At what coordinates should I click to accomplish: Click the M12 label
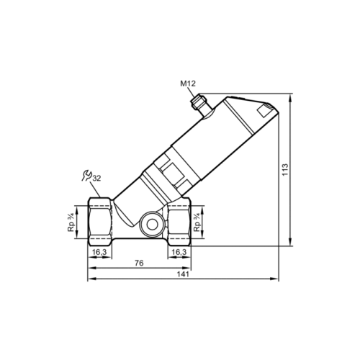coord(188,84)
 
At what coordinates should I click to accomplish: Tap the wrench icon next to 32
coord(86,176)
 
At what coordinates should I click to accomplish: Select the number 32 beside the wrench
coord(96,179)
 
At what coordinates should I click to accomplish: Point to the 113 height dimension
coord(285,169)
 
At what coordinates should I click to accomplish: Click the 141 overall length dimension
coord(183,274)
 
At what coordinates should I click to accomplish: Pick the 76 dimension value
coord(139,263)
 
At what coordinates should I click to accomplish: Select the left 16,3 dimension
coord(99,252)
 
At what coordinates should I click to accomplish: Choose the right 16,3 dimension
coord(179,252)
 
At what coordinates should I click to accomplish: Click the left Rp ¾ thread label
coord(71,222)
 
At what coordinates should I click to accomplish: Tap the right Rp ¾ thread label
coord(197,222)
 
